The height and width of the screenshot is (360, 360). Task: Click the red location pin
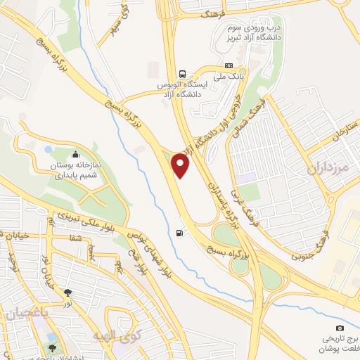tap(181, 167)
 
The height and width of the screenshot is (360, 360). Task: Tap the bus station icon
tap(183, 74)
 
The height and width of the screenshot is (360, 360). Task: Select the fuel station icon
tap(181, 232)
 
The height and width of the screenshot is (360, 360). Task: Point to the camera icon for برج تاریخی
tap(340, 328)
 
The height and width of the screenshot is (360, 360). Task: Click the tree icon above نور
tap(68, 292)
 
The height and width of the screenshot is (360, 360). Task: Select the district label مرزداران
tap(328, 169)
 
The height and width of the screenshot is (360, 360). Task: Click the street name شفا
tap(75, 238)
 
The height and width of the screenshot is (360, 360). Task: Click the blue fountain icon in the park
tap(48, 149)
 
